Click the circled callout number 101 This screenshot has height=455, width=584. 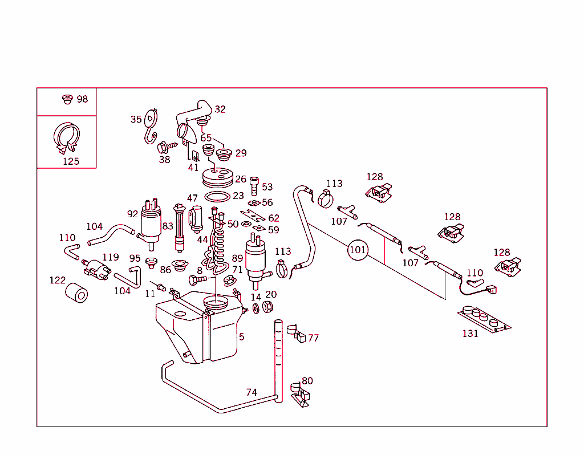pos(358,250)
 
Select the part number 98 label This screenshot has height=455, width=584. pos(82,99)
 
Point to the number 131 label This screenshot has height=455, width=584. pos(470,334)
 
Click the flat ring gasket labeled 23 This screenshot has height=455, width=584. pos(217,197)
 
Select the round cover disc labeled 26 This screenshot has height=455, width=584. pos(218,178)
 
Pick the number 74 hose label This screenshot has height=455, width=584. pos(252,392)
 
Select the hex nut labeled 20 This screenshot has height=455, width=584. pos(267,307)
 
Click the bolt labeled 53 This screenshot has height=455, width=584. pos(254,186)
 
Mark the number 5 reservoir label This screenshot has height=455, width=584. pos(242,337)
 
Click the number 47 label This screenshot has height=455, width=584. pos(192,198)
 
